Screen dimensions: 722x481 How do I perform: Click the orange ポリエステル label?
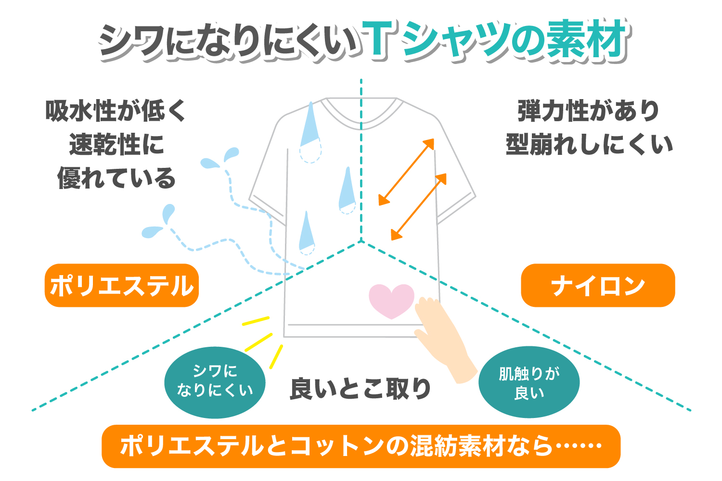121,285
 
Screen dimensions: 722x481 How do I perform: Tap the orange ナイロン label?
598,285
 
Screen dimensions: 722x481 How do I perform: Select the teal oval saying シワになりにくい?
215,382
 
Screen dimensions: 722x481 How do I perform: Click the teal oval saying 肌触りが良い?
529,382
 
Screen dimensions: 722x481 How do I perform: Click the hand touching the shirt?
445,340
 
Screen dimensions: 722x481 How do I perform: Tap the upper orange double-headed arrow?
406,172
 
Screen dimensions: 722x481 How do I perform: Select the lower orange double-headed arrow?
419,207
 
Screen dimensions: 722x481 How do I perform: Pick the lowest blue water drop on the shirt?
307,233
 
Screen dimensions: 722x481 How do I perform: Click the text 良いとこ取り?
361,389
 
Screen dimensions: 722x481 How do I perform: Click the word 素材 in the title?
587,39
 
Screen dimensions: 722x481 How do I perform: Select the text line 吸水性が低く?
116,111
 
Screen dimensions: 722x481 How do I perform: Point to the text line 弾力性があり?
589,111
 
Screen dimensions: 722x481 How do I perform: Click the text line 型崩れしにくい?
590,144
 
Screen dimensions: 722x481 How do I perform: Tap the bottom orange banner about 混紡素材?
361,446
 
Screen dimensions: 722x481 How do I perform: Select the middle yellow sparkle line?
258,342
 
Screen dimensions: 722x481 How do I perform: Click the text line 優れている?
116,178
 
